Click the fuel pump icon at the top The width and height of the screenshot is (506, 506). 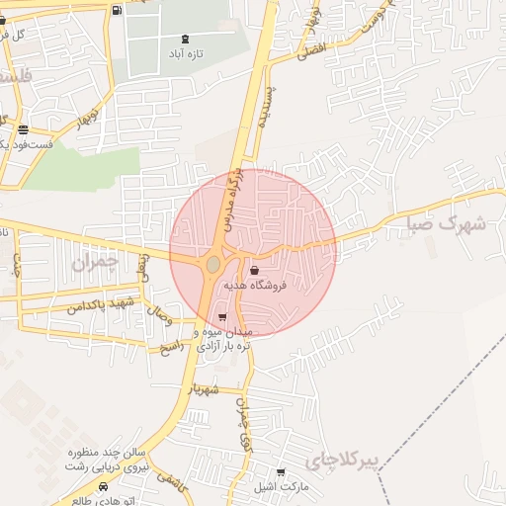119,11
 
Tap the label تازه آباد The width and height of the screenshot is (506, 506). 185,53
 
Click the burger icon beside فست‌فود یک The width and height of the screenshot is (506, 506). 22,129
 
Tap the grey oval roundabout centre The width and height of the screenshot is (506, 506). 213,264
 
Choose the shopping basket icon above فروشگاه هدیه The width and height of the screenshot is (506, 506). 255,270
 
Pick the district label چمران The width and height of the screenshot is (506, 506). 95,263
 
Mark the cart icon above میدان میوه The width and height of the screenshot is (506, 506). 221,317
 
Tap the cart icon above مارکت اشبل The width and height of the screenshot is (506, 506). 281,472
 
